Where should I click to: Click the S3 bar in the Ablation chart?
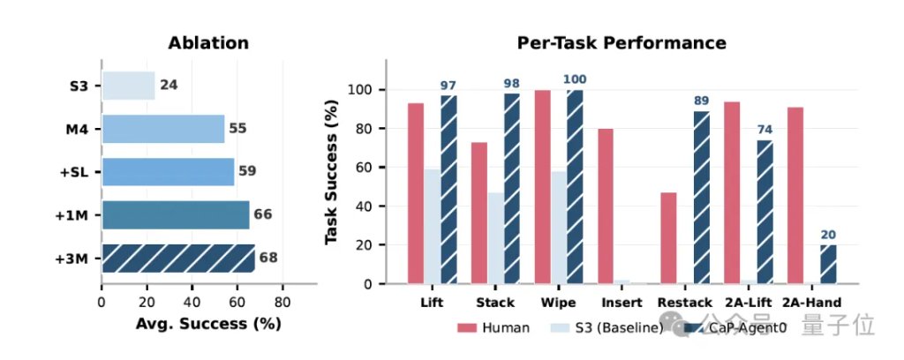click(128, 86)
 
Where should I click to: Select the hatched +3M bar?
click(177, 258)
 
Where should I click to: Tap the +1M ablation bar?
click(176, 214)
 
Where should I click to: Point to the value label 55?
click(237, 128)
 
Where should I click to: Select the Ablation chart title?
click(208, 42)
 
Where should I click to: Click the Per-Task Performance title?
click(621, 42)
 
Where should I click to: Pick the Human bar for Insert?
click(606, 206)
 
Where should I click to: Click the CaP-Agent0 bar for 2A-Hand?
click(827, 264)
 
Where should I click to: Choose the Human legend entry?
click(493, 327)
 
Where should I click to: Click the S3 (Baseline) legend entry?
click(609, 327)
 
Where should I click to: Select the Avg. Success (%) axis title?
click(208, 324)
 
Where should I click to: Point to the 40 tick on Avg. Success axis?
click(192, 302)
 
